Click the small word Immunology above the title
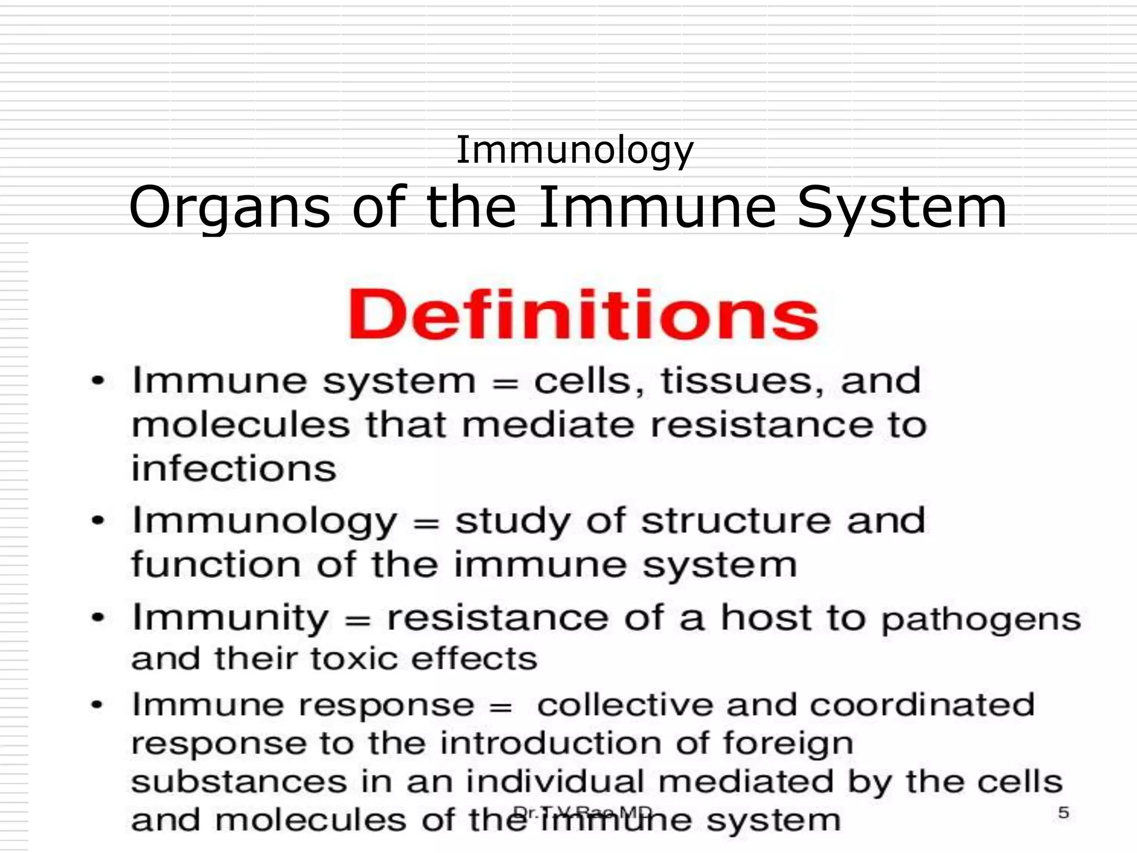575,150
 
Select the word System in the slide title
902,208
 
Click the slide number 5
1063,813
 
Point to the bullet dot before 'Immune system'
98,382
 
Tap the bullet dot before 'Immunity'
98,618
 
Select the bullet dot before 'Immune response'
98,705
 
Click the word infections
234,468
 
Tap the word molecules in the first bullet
241,425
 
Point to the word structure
736,521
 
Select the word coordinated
922,705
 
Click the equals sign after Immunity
358,619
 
